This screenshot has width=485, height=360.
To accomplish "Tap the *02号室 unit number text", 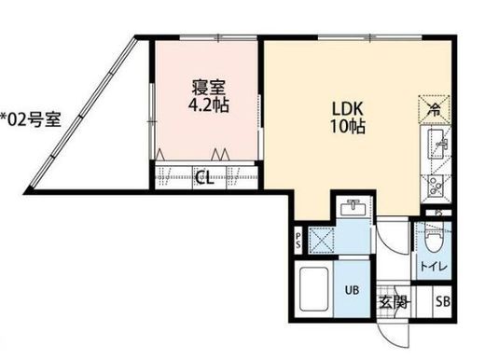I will click(x=31, y=118).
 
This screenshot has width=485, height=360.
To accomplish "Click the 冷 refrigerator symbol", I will click(x=435, y=108).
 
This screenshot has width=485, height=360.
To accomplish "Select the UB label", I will click(x=353, y=290).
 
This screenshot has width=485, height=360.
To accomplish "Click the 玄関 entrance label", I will click(x=395, y=303).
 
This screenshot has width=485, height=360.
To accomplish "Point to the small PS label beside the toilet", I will click(x=439, y=214).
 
